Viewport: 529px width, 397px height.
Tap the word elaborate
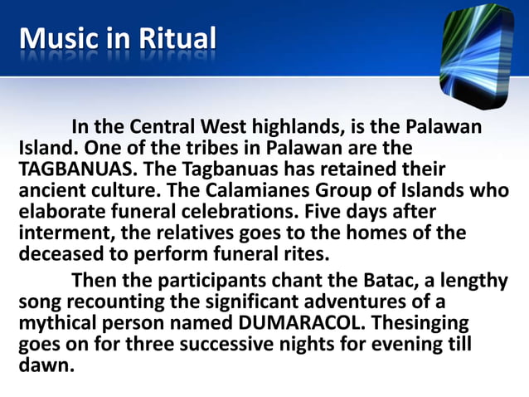[61, 211]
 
